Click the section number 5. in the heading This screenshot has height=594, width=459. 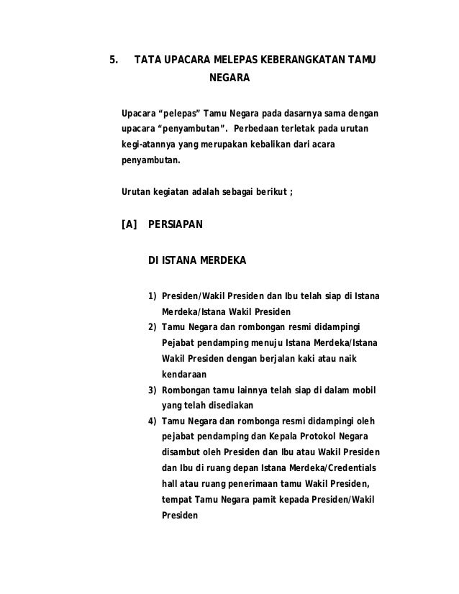(x=113, y=59)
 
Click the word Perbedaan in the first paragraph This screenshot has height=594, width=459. (x=270, y=129)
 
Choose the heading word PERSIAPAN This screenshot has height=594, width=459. (x=175, y=225)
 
